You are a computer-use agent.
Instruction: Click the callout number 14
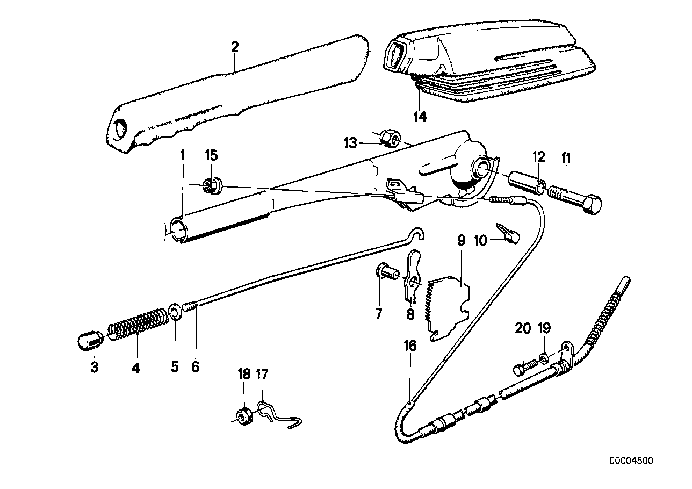tap(420, 116)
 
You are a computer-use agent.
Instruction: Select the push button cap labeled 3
tap(90, 340)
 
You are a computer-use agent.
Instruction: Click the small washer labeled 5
tap(175, 312)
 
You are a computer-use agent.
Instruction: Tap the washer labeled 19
tap(544, 358)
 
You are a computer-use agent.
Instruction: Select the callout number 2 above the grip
tap(234, 47)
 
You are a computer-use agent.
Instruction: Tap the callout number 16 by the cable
tap(410, 346)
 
